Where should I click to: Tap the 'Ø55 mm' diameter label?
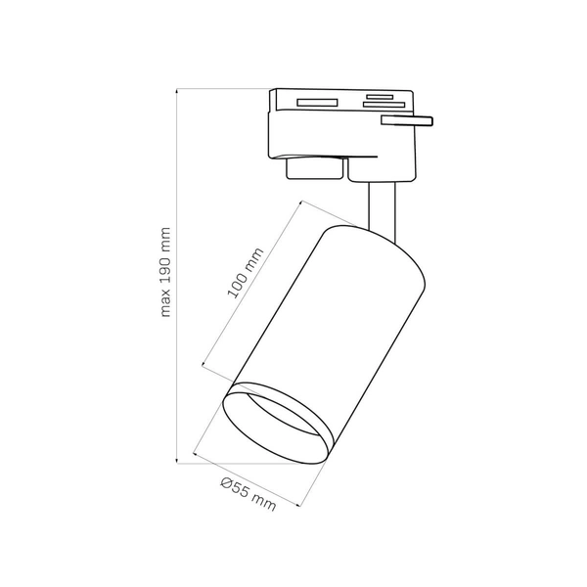[x=248, y=493]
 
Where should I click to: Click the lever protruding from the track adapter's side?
[x=406, y=120]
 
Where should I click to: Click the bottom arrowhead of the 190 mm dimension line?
[x=176, y=460]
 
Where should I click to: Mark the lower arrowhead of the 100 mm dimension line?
[x=203, y=366]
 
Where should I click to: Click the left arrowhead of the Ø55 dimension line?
[x=198, y=454]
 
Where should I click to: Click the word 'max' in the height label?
[x=166, y=303]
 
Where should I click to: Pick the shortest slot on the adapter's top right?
[x=378, y=96]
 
